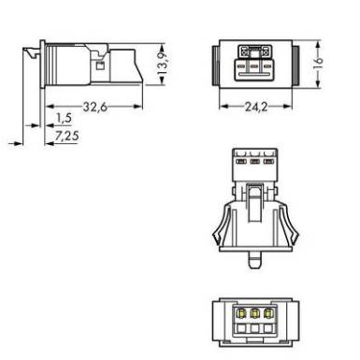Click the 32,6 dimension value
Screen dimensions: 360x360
coord(95,107)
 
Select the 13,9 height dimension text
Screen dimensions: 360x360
coord(162,65)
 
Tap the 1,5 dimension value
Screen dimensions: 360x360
coord(64,118)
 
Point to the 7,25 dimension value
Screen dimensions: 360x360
coord(66,136)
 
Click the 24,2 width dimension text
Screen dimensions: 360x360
coord(256,107)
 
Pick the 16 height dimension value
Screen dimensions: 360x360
coord(318,64)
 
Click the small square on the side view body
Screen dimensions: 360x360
coord(100,65)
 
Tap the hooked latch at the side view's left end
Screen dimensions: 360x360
coord(32,52)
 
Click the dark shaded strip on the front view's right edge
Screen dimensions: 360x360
coord(296,65)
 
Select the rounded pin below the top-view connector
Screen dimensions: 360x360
coord(255,260)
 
